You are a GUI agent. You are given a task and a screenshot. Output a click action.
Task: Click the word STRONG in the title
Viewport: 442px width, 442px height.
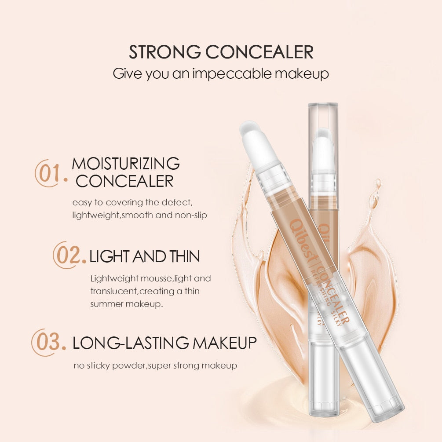click(x=164, y=52)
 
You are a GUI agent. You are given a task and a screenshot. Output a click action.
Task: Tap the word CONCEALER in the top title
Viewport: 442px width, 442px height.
click(x=259, y=52)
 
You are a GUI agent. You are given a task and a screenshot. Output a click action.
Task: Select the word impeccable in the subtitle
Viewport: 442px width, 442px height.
click(x=232, y=74)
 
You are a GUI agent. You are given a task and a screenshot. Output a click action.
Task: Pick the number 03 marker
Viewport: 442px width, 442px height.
click(x=48, y=342)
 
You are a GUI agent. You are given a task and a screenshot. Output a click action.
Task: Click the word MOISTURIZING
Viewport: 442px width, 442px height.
click(x=126, y=164)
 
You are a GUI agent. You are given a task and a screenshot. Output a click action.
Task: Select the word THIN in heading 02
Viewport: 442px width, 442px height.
click(x=184, y=256)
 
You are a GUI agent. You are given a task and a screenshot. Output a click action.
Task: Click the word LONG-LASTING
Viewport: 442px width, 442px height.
click(x=131, y=343)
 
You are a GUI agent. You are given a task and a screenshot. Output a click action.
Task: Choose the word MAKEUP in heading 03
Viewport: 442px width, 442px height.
click(x=224, y=343)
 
